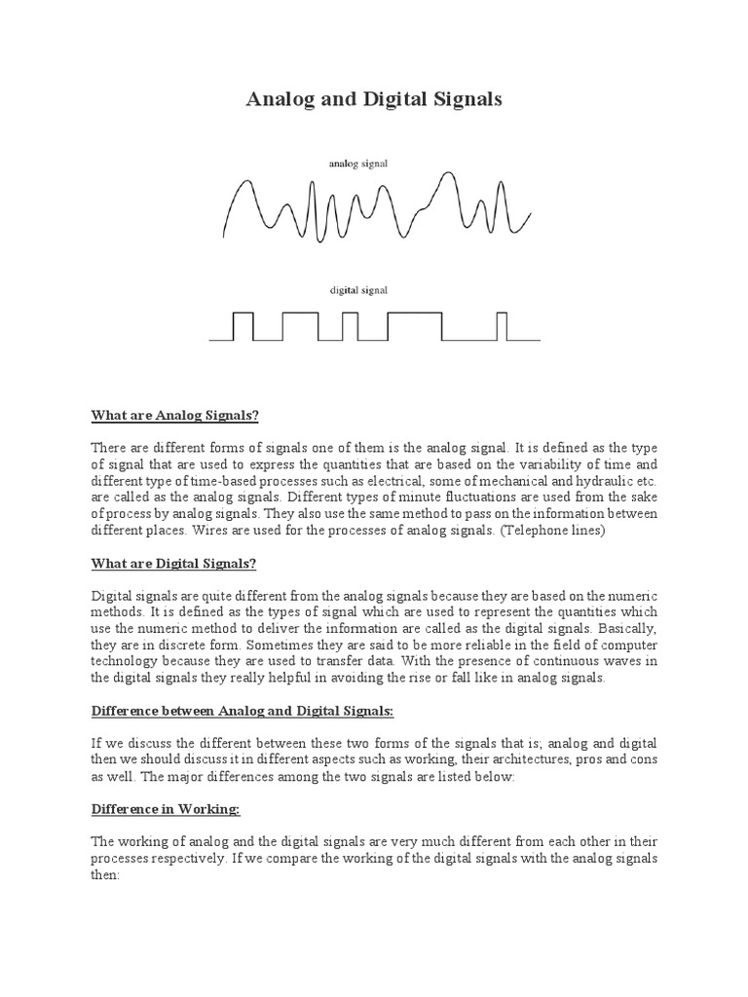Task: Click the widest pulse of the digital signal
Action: pos(414,325)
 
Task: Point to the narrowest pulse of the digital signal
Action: pos(503,325)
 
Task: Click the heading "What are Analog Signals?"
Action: pos(175,416)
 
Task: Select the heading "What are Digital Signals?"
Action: pos(173,564)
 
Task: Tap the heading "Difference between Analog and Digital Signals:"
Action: pos(247,712)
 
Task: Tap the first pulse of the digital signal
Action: pos(243,325)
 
